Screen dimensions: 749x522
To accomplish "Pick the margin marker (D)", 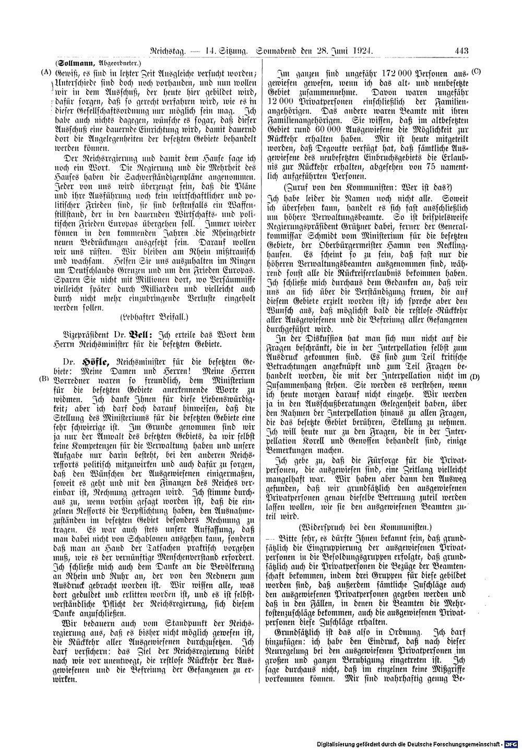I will pyautogui.click(x=475, y=376).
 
